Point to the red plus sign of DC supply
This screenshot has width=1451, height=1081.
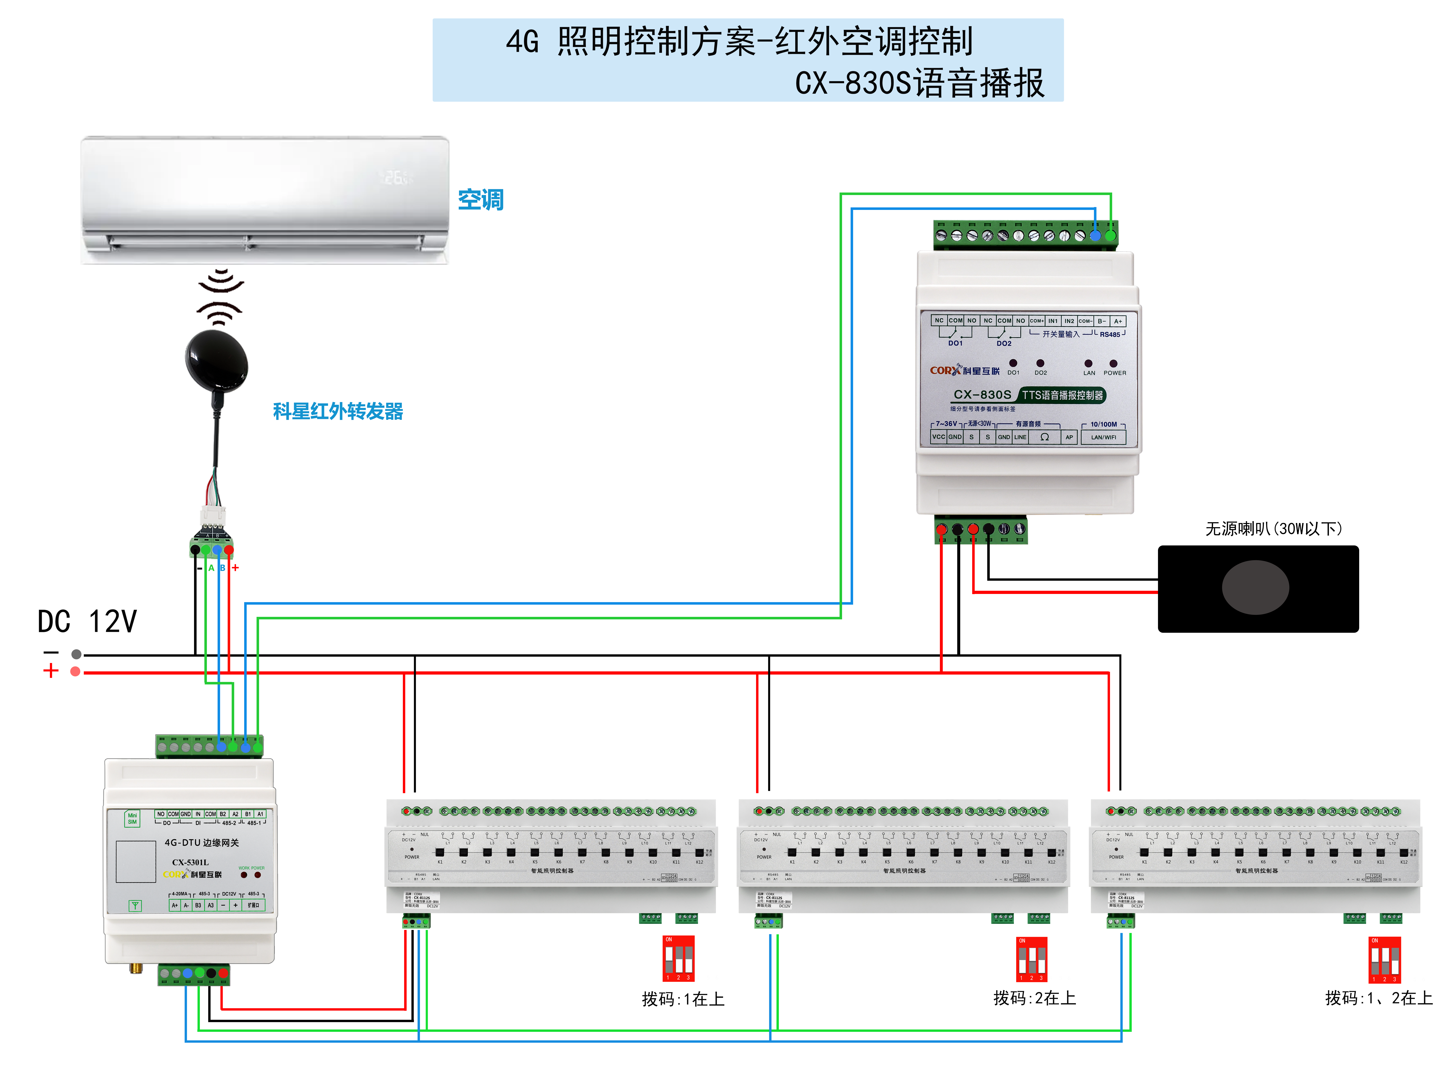(x=50, y=671)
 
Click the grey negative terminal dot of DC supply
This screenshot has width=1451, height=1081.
(x=77, y=654)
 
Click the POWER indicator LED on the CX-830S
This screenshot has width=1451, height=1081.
(x=1113, y=363)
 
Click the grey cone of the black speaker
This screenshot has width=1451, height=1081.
(x=1255, y=587)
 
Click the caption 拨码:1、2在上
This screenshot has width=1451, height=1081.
(x=1378, y=998)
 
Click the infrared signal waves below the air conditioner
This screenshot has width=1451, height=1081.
(x=220, y=298)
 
